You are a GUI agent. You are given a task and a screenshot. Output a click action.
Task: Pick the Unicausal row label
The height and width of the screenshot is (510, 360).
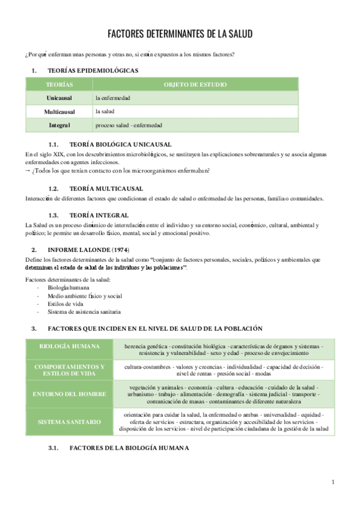[x=59, y=97]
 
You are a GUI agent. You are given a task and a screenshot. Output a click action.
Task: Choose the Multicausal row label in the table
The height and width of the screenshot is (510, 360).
[x=59, y=111]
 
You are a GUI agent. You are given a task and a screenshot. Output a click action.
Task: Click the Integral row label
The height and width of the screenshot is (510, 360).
[x=59, y=125]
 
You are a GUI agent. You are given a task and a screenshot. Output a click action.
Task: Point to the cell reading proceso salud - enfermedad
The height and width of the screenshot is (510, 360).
[x=129, y=125]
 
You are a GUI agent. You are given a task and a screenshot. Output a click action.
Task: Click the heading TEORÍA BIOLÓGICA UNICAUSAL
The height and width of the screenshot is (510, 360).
[x=120, y=144]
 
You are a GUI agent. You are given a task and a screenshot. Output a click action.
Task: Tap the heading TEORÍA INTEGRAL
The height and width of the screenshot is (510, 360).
[x=99, y=215]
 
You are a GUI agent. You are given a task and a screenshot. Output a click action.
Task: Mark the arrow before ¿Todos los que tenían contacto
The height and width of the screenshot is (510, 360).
[x=28, y=170]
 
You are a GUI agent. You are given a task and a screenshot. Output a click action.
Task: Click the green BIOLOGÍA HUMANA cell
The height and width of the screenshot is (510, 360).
[x=69, y=347]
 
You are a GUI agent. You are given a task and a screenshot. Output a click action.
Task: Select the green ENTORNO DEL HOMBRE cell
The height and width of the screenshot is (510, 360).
[x=69, y=393]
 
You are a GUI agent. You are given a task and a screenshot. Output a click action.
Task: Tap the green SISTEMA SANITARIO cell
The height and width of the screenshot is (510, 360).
[x=69, y=422]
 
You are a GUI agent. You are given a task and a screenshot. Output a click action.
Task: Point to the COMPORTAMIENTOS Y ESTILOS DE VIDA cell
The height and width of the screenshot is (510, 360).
[x=69, y=370]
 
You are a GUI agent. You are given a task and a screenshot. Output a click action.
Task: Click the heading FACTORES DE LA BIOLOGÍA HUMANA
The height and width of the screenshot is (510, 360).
[x=129, y=447]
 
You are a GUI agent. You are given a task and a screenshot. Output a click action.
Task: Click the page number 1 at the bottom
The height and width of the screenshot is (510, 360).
[x=333, y=482]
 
